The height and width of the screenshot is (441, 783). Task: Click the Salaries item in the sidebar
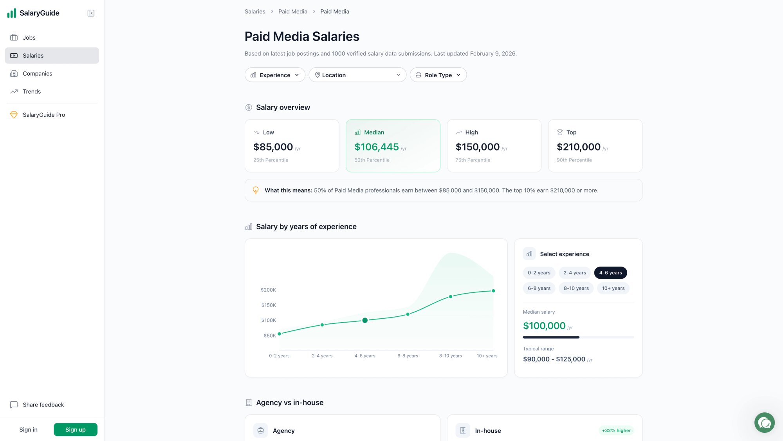[52, 56]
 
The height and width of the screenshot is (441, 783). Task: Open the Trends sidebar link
[31, 92]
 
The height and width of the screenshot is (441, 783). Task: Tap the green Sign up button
[76, 430]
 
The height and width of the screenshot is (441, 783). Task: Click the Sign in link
[29, 430]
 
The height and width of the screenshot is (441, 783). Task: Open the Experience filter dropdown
[275, 75]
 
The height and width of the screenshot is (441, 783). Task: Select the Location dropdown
[357, 75]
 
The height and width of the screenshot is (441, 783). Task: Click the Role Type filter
[438, 75]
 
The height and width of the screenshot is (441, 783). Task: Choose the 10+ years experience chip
[613, 289]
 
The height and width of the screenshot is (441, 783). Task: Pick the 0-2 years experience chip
[539, 273]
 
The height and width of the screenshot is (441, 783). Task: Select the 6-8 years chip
[539, 289]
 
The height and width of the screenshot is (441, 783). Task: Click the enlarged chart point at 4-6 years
[365, 320]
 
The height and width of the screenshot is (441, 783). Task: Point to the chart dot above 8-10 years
[451, 297]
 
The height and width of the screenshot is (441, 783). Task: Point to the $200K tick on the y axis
[268, 290]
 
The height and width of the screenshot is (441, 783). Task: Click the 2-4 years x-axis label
[322, 356]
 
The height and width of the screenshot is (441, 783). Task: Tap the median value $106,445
[376, 147]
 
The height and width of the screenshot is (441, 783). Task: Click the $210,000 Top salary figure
[578, 147]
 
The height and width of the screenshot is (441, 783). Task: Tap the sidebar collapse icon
[91, 13]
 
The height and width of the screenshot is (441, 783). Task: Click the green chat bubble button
[764, 423]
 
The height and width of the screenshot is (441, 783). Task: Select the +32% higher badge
[616, 430]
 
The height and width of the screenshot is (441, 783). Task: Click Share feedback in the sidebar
[43, 405]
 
